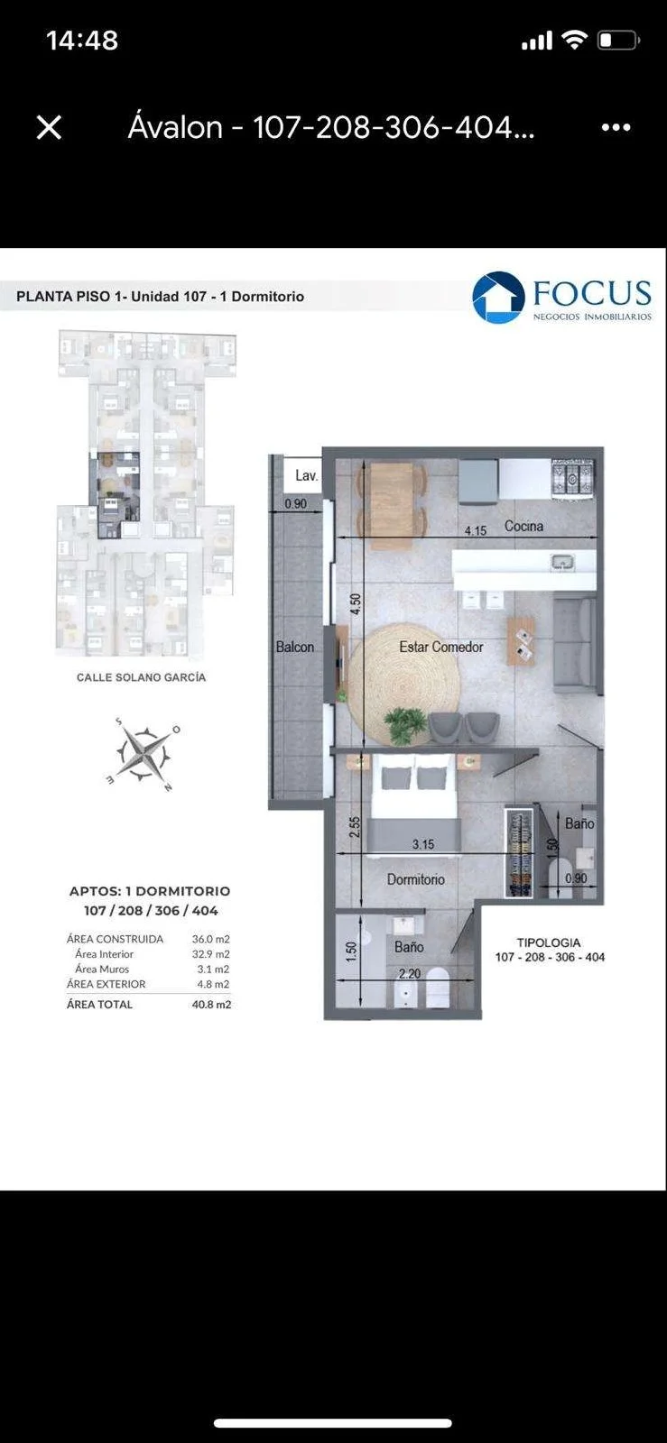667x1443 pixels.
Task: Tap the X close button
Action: (x=49, y=127)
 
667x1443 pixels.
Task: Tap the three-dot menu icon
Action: (x=616, y=127)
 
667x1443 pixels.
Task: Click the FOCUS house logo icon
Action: (x=498, y=297)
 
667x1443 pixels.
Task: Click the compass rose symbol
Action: (x=144, y=753)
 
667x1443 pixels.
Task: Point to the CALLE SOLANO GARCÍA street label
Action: (x=141, y=677)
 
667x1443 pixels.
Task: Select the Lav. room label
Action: (x=307, y=475)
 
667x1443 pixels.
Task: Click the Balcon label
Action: (x=295, y=647)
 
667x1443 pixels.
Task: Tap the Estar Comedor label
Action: (x=440, y=647)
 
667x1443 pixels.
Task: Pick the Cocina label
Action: (x=523, y=527)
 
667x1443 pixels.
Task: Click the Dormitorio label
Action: (x=416, y=879)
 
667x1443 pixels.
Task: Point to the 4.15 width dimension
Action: (x=476, y=531)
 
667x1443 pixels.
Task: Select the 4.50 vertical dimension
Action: (x=356, y=603)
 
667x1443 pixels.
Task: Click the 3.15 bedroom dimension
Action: (x=423, y=844)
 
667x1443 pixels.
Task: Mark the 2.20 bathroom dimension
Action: (x=409, y=973)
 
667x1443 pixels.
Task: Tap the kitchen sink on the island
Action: (x=562, y=563)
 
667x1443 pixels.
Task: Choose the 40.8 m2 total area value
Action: (x=211, y=1005)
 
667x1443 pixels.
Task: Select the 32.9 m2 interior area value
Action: (x=210, y=954)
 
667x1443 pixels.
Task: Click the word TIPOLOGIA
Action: (x=549, y=942)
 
